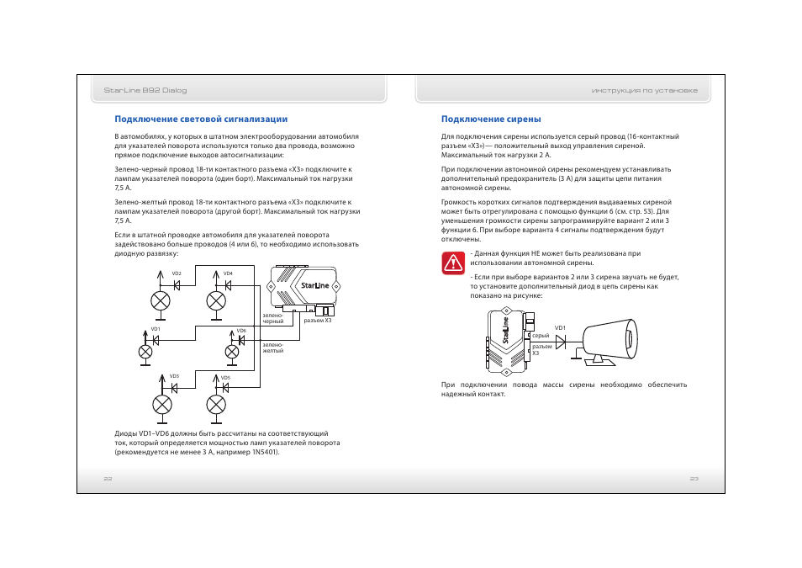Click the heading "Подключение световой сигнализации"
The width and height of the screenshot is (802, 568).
point(201,119)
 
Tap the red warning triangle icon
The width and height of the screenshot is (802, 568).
point(453,263)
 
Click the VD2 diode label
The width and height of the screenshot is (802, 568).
point(177,274)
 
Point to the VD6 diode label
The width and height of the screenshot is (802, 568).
point(241,331)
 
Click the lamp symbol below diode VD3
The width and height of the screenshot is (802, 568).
point(161,404)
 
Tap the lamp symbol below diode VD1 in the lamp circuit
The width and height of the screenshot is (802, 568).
point(145,352)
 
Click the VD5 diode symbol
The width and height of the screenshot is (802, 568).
point(224,387)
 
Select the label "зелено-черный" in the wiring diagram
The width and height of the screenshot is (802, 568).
point(273,319)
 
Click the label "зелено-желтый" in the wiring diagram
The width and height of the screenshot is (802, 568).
point(273,348)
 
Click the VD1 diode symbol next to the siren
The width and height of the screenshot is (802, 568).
point(561,340)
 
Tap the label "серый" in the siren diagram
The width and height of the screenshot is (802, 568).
point(541,336)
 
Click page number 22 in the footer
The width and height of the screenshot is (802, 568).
point(108,478)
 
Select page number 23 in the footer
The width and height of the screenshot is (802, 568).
point(694,478)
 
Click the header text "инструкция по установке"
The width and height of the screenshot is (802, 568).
point(644,90)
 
